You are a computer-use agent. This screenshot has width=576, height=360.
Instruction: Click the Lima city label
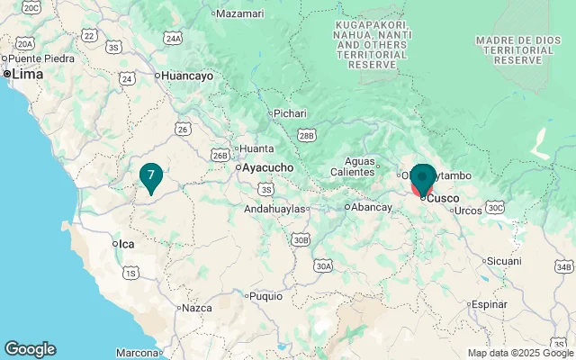click(25, 75)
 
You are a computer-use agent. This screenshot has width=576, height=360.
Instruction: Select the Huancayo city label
click(187, 76)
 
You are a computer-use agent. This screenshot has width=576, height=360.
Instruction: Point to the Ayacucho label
click(268, 167)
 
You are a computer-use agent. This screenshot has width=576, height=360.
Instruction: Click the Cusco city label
click(442, 198)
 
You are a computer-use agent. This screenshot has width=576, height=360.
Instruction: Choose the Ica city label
click(125, 244)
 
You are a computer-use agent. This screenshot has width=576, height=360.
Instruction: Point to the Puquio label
click(265, 295)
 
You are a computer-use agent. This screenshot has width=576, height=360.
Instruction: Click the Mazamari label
click(240, 13)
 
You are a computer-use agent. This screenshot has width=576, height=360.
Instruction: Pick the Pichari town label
click(290, 113)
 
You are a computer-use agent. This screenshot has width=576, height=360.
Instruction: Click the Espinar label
click(489, 304)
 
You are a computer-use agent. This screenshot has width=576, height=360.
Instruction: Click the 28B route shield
click(307, 135)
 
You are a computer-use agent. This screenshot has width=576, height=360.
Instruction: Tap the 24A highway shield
click(174, 39)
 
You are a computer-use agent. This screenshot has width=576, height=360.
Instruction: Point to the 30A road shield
click(324, 266)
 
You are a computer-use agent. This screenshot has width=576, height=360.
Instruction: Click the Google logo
click(30, 349)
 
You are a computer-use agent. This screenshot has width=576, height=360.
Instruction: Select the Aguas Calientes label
click(352, 166)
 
